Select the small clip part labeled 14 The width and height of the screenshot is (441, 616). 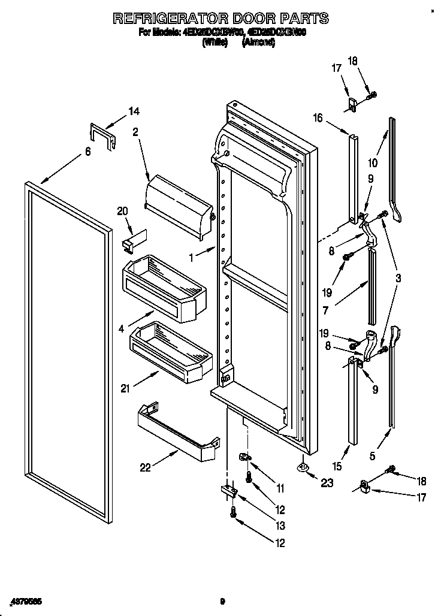tap(102, 135)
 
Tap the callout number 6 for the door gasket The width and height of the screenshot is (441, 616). tap(88, 152)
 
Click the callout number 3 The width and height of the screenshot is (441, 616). tap(398, 278)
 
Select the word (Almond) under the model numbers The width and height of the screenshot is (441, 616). tap(258, 43)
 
